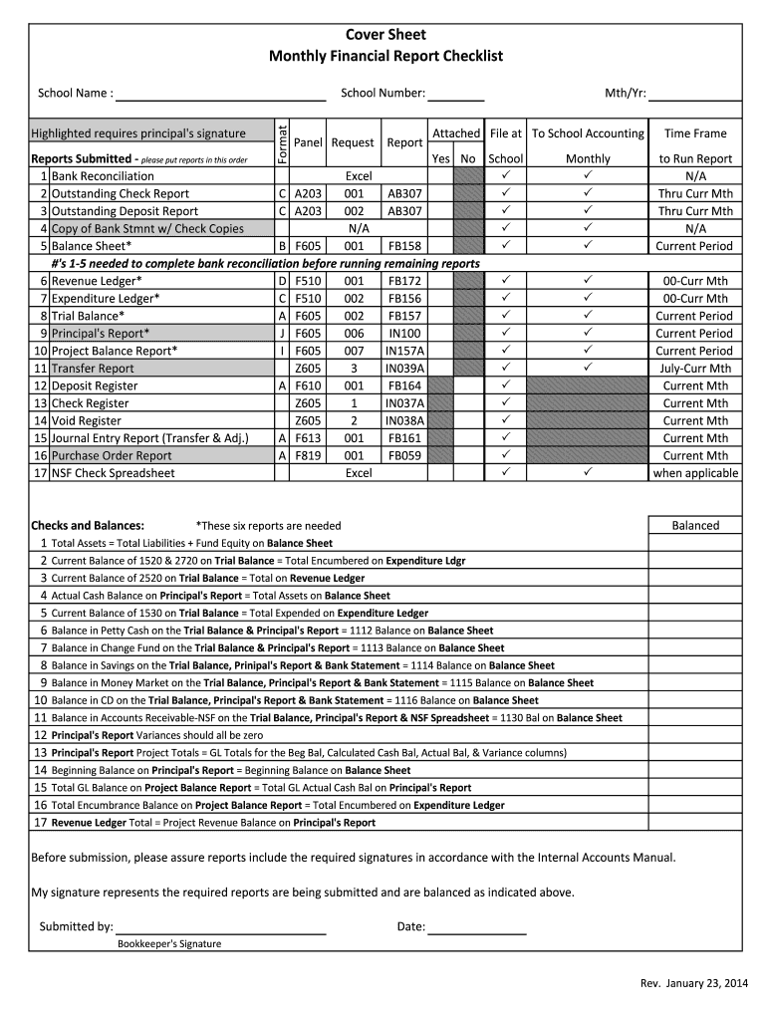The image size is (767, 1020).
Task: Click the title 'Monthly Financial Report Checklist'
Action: [x=385, y=56]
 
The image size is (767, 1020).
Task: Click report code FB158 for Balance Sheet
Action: [x=404, y=246]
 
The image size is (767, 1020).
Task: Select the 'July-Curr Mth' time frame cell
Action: [x=695, y=369]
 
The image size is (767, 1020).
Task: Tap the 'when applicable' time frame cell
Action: [x=695, y=473]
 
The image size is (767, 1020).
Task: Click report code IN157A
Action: [x=404, y=351]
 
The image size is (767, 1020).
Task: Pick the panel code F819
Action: [x=308, y=455]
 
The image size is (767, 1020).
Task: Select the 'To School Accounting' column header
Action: [x=588, y=133]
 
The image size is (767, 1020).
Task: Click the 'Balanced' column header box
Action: [x=695, y=525]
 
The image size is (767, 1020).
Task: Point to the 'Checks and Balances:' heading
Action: [x=88, y=525]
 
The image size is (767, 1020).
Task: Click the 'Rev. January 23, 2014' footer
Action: [x=693, y=984]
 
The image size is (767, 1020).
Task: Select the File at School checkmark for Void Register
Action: [x=505, y=420]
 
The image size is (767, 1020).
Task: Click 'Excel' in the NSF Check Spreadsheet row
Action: [x=359, y=473]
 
